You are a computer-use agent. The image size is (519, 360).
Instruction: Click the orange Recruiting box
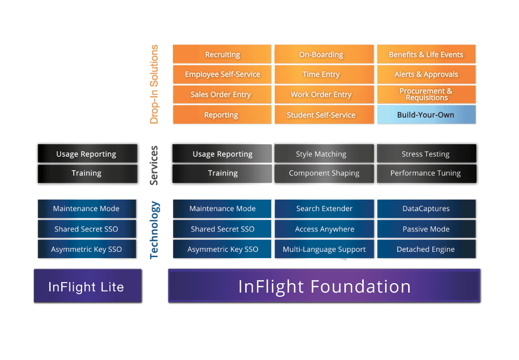coord(222,54)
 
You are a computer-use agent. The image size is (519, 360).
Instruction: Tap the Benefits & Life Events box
coord(426,54)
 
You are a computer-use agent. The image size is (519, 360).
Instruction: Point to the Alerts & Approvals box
coord(426,74)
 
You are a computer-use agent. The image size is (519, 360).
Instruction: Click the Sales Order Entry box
coord(222,95)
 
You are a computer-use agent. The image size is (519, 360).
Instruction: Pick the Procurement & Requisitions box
coord(426,95)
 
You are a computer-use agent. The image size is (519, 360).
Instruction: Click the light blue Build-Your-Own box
coord(426,115)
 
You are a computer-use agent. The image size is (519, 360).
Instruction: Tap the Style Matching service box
coord(324,154)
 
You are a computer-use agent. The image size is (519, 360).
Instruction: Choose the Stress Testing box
coord(426,154)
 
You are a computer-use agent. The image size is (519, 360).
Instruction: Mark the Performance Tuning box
coord(426,173)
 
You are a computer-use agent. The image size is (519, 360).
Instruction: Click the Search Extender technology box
coord(324,208)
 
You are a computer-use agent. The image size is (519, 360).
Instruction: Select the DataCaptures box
coord(426,208)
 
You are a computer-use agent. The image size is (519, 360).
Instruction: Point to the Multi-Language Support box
coord(324,249)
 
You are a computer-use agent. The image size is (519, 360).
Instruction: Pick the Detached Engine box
coord(426,249)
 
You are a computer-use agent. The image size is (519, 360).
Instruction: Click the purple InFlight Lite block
coord(87,286)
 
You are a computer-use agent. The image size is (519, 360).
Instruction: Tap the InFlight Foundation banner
coord(324,286)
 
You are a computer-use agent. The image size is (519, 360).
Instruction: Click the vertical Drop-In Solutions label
coord(154,84)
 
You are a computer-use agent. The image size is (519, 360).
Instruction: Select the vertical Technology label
coord(154,230)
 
